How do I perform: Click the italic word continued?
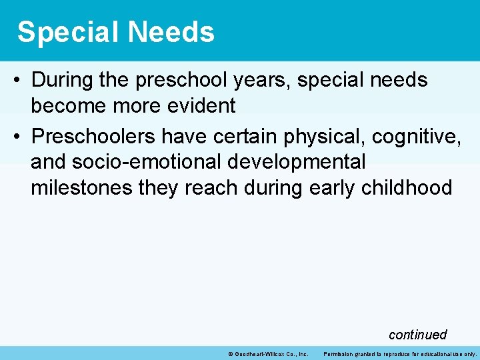pos(417,335)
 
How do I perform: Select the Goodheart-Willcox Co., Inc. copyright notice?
pos(267,354)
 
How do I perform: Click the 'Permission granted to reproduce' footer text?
pos(400,354)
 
